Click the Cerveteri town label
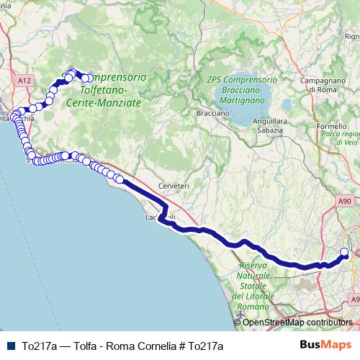(x=174, y=186)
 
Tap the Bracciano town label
(x=213, y=113)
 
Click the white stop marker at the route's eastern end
(x=344, y=252)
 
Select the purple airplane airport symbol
(x=240, y=314)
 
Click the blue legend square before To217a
(x=9, y=346)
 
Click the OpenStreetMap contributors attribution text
(x=297, y=323)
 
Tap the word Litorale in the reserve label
(x=257, y=297)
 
